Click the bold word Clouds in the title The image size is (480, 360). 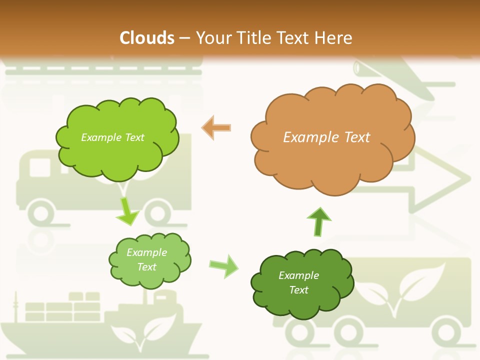146,38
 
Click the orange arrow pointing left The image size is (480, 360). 217,128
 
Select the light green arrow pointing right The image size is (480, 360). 224,265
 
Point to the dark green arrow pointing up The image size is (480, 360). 318,221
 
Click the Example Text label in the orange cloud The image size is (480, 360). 326,137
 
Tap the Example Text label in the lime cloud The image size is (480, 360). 112,137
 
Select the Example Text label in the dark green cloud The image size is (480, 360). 298,282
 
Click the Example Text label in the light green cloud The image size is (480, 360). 146,259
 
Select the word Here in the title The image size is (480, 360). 336,38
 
